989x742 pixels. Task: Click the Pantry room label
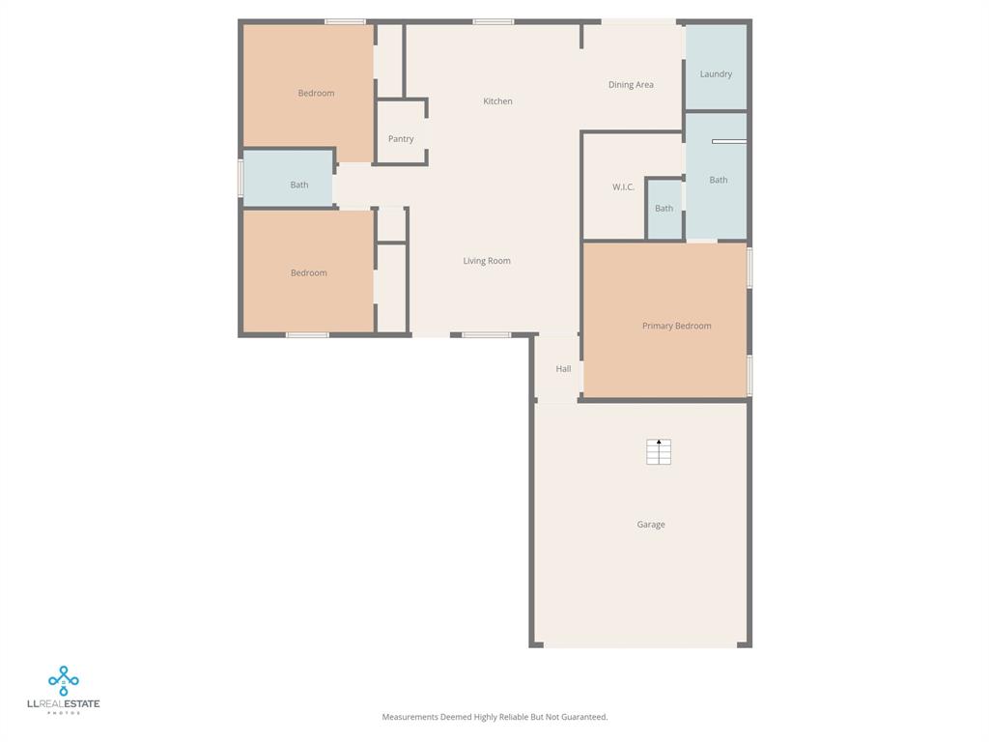tap(401, 139)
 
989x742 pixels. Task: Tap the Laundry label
tap(716, 74)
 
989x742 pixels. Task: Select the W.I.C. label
tap(623, 187)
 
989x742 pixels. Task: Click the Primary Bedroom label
tap(676, 327)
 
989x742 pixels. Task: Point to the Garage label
tap(650, 525)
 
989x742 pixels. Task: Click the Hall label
tap(563, 369)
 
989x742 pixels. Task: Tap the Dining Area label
tap(631, 85)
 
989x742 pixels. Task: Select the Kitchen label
tap(497, 101)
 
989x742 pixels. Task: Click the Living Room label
tap(487, 261)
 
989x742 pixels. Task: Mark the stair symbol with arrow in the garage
tap(659, 451)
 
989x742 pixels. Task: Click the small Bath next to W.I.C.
tap(664, 209)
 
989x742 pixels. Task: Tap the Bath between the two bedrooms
tap(299, 185)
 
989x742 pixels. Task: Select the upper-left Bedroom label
tap(316, 94)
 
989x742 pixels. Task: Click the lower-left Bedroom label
tap(308, 273)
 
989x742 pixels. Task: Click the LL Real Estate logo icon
tap(64, 680)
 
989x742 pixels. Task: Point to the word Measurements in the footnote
tap(410, 717)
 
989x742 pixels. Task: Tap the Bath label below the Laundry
tap(719, 180)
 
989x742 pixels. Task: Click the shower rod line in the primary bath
tap(729, 142)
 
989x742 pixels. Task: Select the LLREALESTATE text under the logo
tap(64, 704)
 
